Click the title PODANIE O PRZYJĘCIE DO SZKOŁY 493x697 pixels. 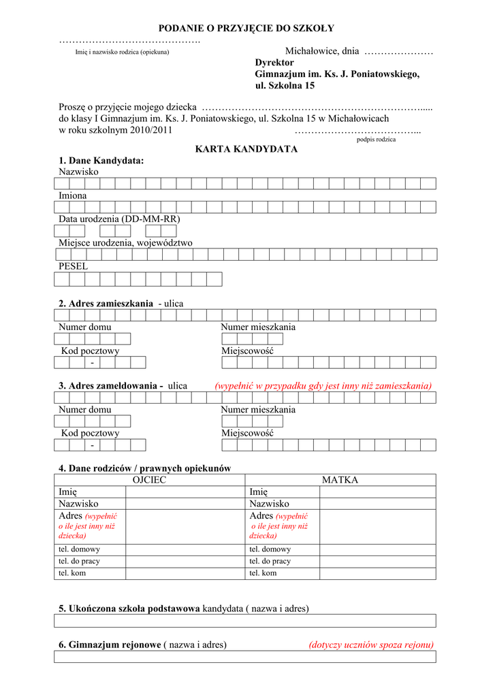tap(246, 28)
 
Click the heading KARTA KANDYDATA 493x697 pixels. tap(246, 149)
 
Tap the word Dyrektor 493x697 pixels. tap(274, 63)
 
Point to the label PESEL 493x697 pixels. tap(73, 267)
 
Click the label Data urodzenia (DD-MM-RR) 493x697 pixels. tap(119, 219)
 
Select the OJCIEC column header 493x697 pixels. tap(149, 480)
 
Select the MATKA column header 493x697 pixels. tap(340, 480)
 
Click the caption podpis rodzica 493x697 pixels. tap(376, 140)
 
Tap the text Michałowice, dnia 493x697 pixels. tap(321, 52)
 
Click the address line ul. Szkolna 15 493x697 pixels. tap(285, 86)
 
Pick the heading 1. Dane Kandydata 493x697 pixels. tap(101, 161)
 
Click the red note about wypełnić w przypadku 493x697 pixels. tap(323, 386)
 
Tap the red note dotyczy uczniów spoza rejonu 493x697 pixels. tap(370, 645)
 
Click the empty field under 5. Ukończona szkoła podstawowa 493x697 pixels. tap(245, 621)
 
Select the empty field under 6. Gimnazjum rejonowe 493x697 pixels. tap(245, 657)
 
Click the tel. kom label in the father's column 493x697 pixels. tap(72, 573)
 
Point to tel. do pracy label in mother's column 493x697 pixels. tap(270, 561)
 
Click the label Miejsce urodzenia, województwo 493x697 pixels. tap(125, 243)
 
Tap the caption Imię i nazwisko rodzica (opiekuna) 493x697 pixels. tap(122, 52)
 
